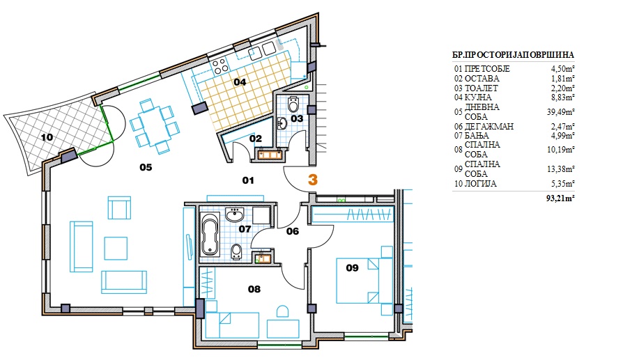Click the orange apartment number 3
point(312,180)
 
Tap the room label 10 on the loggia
point(47,137)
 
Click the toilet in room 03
point(293,104)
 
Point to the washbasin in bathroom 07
point(234,215)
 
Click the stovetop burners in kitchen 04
point(219,66)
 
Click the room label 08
point(254,289)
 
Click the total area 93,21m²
point(561,198)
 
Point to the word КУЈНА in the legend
point(478,97)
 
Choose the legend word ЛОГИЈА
point(481,184)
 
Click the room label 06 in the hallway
point(293,231)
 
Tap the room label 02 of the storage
point(256,139)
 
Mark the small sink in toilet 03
point(282,123)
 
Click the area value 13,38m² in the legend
point(561,169)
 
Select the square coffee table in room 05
point(116,248)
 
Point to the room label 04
point(240,82)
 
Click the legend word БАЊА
point(477,136)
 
